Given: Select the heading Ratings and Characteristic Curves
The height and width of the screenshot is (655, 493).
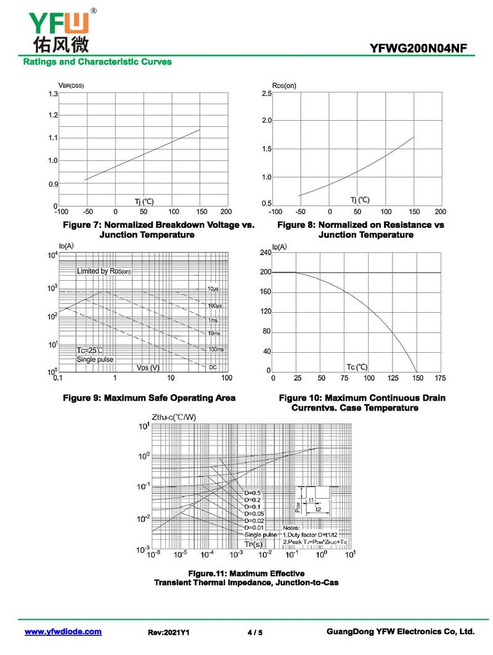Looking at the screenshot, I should [97, 62].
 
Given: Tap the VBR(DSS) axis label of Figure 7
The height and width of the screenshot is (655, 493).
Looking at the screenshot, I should [71, 85].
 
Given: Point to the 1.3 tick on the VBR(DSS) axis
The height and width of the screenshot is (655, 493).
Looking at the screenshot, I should [53, 94].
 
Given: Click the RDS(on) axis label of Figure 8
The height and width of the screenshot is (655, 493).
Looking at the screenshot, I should [283, 85].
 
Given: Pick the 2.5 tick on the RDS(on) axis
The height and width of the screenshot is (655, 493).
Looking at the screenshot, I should [266, 94].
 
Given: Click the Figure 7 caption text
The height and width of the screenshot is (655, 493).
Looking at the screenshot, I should [158, 230].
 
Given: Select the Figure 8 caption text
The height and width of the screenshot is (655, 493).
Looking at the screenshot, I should [361, 230].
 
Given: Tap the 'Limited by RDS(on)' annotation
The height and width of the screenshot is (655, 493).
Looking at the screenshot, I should [104, 271].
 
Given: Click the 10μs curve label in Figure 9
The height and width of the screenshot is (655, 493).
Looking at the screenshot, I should [213, 289].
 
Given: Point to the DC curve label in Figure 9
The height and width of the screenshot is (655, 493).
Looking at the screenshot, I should [213, 367].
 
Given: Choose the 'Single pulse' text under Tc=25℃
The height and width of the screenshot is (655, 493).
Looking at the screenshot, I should [95, 359].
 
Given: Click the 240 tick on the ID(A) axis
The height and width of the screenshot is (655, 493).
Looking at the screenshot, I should [265, 253].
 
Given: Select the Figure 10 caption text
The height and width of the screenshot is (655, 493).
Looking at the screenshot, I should [362, 403].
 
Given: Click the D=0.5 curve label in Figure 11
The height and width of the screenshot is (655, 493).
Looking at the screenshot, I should [253, 493].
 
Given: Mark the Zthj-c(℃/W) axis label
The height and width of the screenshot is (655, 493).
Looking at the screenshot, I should [173, 417].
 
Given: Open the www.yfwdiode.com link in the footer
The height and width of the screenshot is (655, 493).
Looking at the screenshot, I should [62, 632].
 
